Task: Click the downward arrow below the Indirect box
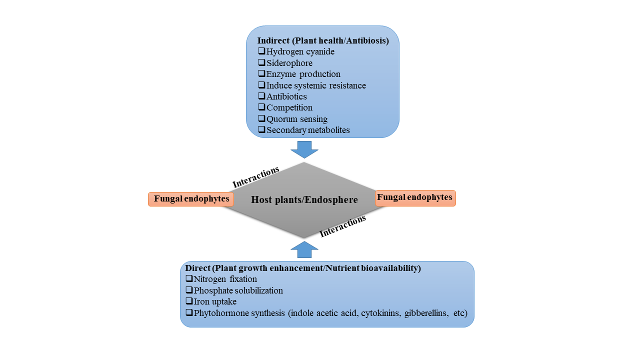pyautogui.click(x=304, y=149)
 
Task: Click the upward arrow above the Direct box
pyautogui.click(x=304, y=250)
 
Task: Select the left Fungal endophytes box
pyautogui.click(x=191, y=199)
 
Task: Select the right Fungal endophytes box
pyautogui.click(x=415, y=198)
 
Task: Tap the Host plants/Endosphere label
pyautogui.click(x=304, y=200)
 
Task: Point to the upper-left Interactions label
pyautogui.click(x=256, y=177)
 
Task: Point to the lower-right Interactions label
pyautogui.click(x=343, y=225)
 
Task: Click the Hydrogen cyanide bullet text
pyautogui.click(x=300, y=51)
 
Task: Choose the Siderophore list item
pyautogui.click(x=289, y=63)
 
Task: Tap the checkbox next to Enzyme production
pyautogui.click(x=261, y=73)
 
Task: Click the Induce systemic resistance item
pyautogui.click(x=316, y=85)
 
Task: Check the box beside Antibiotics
pyautogui.click(x=261, y=96)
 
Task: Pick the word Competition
pyautogui.click(x=289, y=107)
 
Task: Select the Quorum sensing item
pyautogui.click(x=297, y=119)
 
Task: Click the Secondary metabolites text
pyautogui.click(x=308, y=130)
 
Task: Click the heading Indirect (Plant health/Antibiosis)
pyautogui.click(x=323, y=41)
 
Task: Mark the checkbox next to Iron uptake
pyautogui.click(x=189, y=301)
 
